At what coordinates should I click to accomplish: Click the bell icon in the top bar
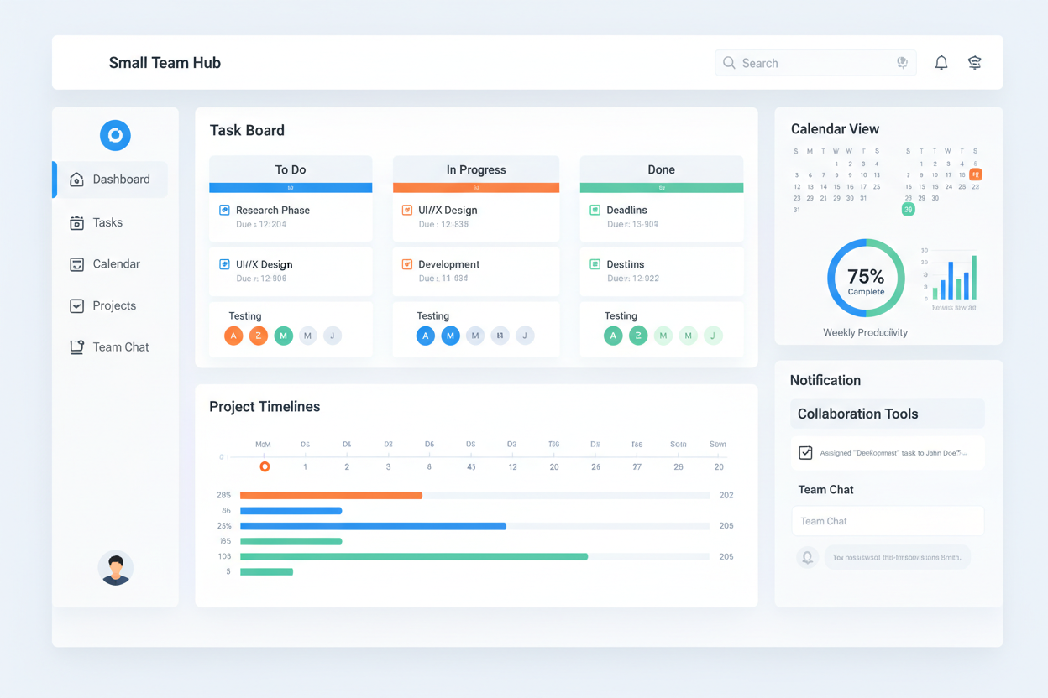pyautogui.click(x=941, y=63)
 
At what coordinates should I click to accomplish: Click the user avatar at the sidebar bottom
pyautogui.click(x=116, y=568)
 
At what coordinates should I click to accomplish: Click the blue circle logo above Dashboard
pyautogui.click(x=115, y=135)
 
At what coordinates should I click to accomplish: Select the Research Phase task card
pyautogui.click(x=291, y=217)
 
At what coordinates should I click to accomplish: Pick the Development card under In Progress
pyautogui.click(x=476, y=271)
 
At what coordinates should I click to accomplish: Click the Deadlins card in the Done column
pyautogui.click(x=661, y=217)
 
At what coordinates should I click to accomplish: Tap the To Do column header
pyautogui.click(x=291, y=169)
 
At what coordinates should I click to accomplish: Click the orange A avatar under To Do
pyautogui.click(x=233, y=336)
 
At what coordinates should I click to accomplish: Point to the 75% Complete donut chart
pyautogui.click(x=866, y=278)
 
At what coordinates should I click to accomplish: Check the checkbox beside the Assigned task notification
pyautogui.click(x=805, y=453)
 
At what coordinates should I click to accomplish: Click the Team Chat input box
pyautogui.click(x=888, y=521)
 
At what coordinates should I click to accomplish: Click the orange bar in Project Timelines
pyautogui.click(x=331, y=496)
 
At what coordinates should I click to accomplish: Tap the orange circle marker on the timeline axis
pyautogui.click(x=265, y=466)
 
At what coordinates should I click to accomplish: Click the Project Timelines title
pyautogui.click(x=265, y=407)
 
